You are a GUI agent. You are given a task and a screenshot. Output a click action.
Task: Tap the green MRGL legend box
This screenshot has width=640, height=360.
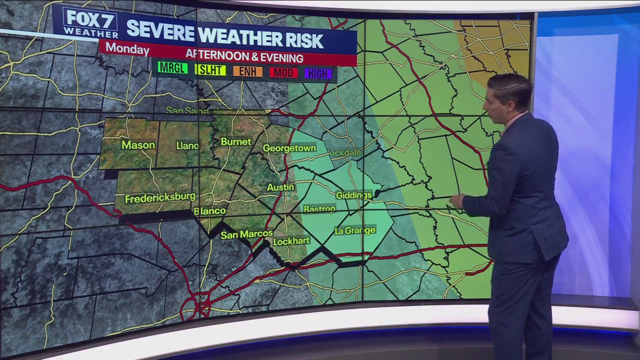coord(172,68)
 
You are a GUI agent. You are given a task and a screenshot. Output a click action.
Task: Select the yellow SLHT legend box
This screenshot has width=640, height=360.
coord(210,70)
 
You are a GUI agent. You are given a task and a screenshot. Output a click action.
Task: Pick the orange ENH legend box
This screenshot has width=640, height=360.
coord(247,71)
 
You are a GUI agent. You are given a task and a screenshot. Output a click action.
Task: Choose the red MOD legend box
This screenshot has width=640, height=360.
coord(283,73)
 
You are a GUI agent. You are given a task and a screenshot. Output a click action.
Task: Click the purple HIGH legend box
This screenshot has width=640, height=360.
coord(317,74)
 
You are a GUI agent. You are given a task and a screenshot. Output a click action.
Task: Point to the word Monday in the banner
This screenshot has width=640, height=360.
coord(127,49)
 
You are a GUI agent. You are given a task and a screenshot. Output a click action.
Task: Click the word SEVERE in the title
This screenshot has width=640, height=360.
coord(160,31)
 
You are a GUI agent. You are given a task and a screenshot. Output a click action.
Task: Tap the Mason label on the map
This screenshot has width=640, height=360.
coord(138,145)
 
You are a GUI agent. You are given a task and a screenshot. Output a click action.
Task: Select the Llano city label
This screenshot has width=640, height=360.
coord(187,145)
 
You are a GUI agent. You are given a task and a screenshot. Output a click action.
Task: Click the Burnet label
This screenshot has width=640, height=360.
coord(236,142)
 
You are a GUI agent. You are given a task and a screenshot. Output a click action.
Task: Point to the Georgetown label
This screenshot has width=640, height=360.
coord(289,148)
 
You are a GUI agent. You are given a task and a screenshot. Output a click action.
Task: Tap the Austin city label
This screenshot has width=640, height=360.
coord(280,187)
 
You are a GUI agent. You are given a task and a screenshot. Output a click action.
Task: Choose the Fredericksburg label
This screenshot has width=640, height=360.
coord(160,198)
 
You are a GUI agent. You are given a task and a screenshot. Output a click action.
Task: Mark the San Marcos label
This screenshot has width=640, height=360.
coord(246,234)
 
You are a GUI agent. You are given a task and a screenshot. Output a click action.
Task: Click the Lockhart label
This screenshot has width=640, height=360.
coord(291,241)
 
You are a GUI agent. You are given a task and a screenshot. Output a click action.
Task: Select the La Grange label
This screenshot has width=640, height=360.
coord(354,230)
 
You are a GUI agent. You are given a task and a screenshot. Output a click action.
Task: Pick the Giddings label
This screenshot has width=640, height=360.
coord(353,195)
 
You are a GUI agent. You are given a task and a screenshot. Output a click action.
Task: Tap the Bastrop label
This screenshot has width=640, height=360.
coord(319,209)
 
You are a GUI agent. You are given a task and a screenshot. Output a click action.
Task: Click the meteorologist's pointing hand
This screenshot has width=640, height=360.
coord(456,200)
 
